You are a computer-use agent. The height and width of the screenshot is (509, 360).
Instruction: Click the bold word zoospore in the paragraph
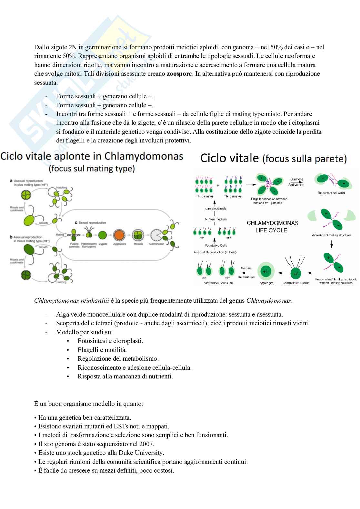pos(179,73)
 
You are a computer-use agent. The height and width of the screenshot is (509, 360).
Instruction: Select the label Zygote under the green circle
pos(103,244)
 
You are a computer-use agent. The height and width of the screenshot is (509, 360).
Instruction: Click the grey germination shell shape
pos(157,235)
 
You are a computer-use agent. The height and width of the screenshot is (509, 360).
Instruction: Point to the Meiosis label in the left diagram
pos(138,244)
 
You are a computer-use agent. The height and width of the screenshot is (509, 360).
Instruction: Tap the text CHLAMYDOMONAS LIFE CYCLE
pos(272,226)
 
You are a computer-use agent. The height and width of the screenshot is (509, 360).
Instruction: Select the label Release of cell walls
pos(331,193)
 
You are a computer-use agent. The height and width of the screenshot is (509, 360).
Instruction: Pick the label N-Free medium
pos(216,219)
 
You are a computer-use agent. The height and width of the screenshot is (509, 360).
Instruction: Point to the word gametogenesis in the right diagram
pos(216,209)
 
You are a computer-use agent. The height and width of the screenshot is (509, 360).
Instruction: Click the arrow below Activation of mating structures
pos(331,244)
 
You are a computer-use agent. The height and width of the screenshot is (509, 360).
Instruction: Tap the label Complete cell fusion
pos(296,283)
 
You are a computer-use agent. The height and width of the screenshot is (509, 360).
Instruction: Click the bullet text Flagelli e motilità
pos(102,350)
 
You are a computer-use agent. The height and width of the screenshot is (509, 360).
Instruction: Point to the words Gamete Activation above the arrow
pos(296,182)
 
